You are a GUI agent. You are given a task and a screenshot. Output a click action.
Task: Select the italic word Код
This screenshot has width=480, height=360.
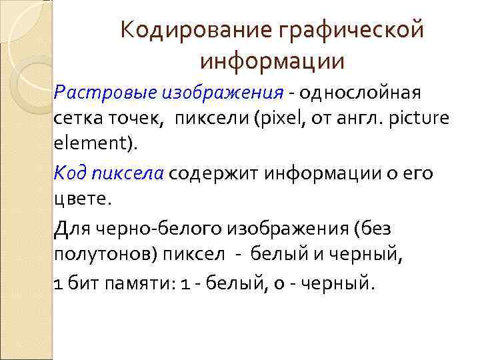70,174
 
